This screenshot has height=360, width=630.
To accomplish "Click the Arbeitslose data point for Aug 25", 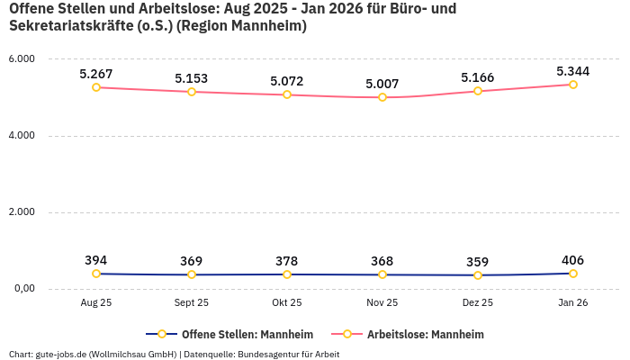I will point(96,87).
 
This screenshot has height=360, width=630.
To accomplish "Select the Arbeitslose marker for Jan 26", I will point(573,85).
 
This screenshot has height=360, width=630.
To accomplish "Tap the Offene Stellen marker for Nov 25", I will point(382,274).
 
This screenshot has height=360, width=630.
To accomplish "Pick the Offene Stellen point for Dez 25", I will point(478,275).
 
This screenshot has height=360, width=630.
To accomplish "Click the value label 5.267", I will point(96,74).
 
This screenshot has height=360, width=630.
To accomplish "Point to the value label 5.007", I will point(382,84).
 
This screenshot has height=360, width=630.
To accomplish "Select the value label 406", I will point(573,260).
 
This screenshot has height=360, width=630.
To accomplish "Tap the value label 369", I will point(192,261).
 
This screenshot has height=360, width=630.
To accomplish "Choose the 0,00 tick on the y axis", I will point(22,289).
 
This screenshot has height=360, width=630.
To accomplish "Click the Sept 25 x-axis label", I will point(192,303).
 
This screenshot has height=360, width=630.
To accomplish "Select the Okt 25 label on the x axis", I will point(287,303).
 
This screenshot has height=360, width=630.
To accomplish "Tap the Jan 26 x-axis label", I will point(573,303).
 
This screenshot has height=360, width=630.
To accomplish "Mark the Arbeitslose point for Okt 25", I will point(287,94).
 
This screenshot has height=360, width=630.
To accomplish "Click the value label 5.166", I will point(478,78).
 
